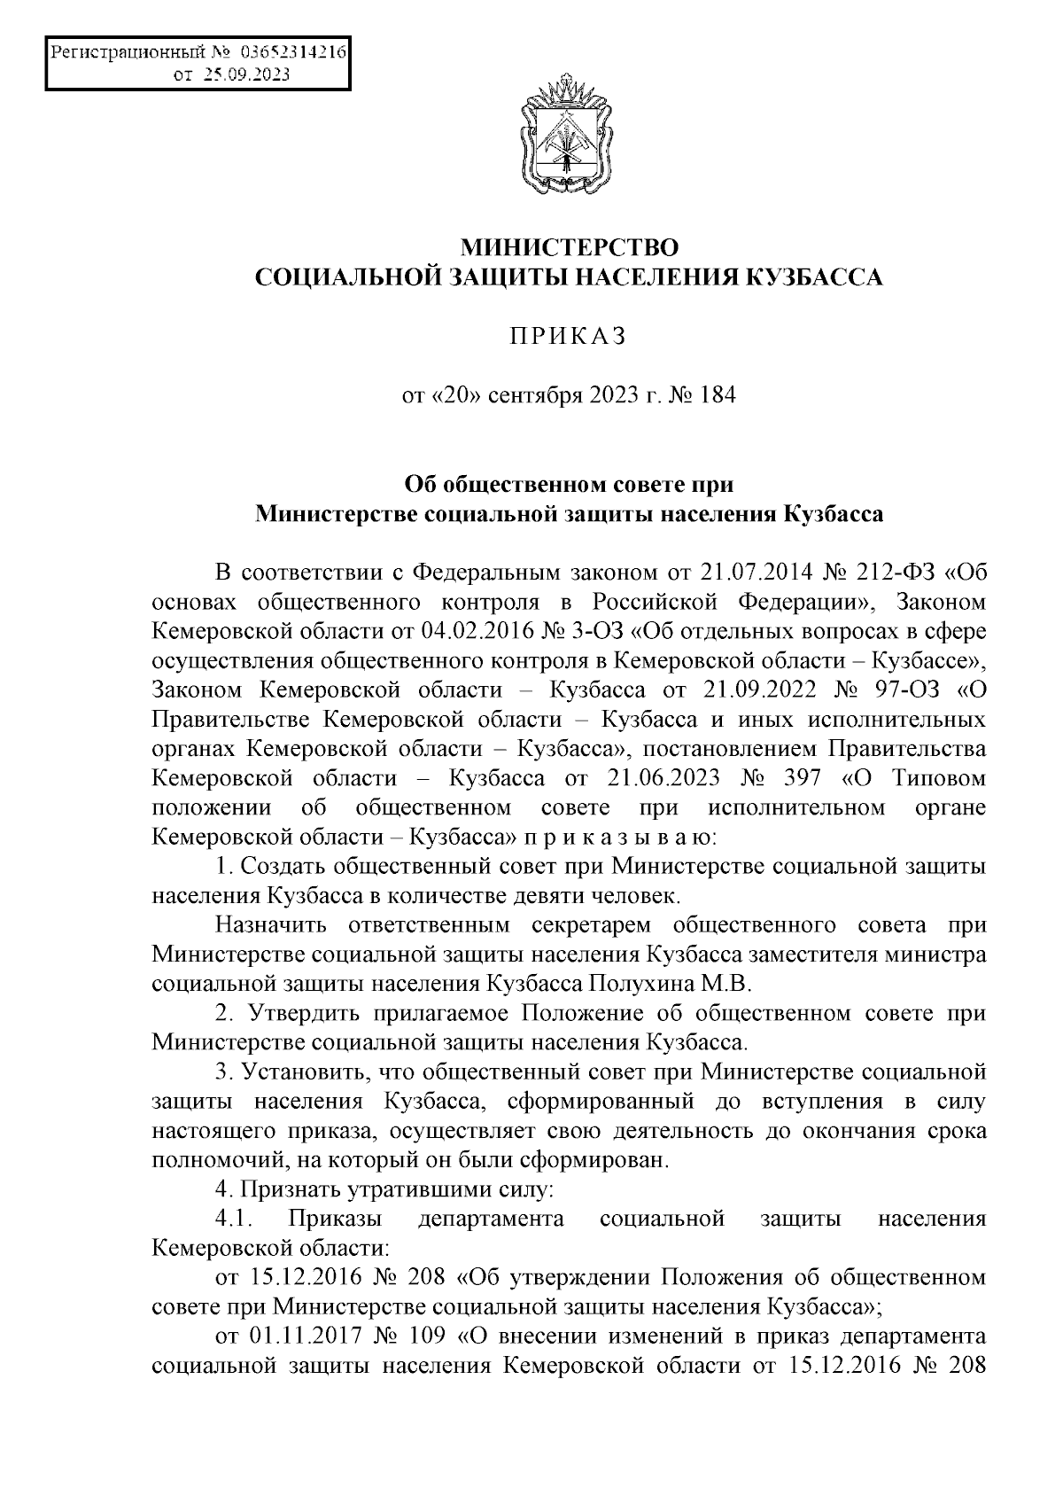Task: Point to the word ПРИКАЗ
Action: click(x=568, y=336)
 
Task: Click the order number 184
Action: click(x=718, y=395)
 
